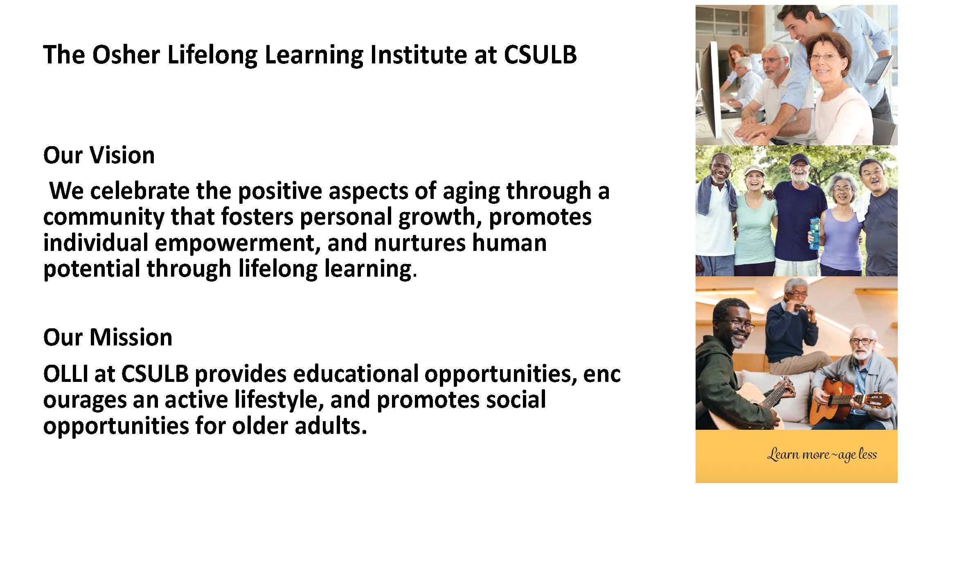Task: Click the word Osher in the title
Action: coord(126,54)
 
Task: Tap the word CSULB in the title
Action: coord(540,54)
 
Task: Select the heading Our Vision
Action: coord(99,155)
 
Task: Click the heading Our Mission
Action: coord(108,337)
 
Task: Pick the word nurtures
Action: coord(419,243)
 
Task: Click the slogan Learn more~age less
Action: coord(822,455)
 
